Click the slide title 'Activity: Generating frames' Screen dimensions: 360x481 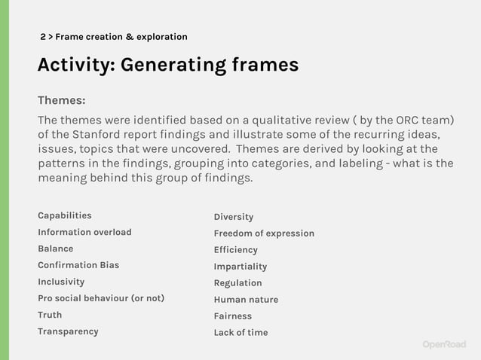(167, 66)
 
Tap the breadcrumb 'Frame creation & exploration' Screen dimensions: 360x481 (121, 37)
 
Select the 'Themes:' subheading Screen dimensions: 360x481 (62, 100)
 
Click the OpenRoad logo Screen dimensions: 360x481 (443, 344)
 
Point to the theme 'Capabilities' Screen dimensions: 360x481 (65, 215)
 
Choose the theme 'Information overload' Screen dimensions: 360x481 (84, 232)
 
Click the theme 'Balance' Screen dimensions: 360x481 (56, 249)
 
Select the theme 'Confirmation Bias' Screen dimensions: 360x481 (78, 265)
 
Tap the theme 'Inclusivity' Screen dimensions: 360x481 (61, 282)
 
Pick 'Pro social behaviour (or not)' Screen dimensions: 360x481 (101, 298)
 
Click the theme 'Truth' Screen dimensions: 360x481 (50, 315)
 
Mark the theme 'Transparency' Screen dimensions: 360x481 (68, 331)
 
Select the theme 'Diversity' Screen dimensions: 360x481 (234, 217)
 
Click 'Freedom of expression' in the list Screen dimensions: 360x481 (264, 233)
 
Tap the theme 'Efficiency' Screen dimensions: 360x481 (235, 250)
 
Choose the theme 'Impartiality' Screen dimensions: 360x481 (240, 267)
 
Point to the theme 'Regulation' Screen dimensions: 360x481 (237, 283)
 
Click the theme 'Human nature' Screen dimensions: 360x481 (246, 300)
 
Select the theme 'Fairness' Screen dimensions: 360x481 (232, 316)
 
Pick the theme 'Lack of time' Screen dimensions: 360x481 (240, 333)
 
